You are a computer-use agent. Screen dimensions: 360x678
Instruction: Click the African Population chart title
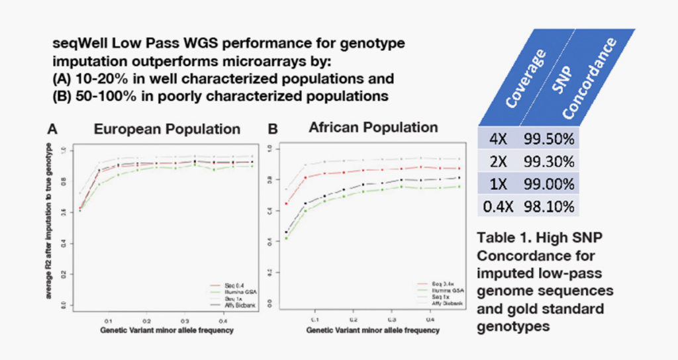(x=373, y=127)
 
